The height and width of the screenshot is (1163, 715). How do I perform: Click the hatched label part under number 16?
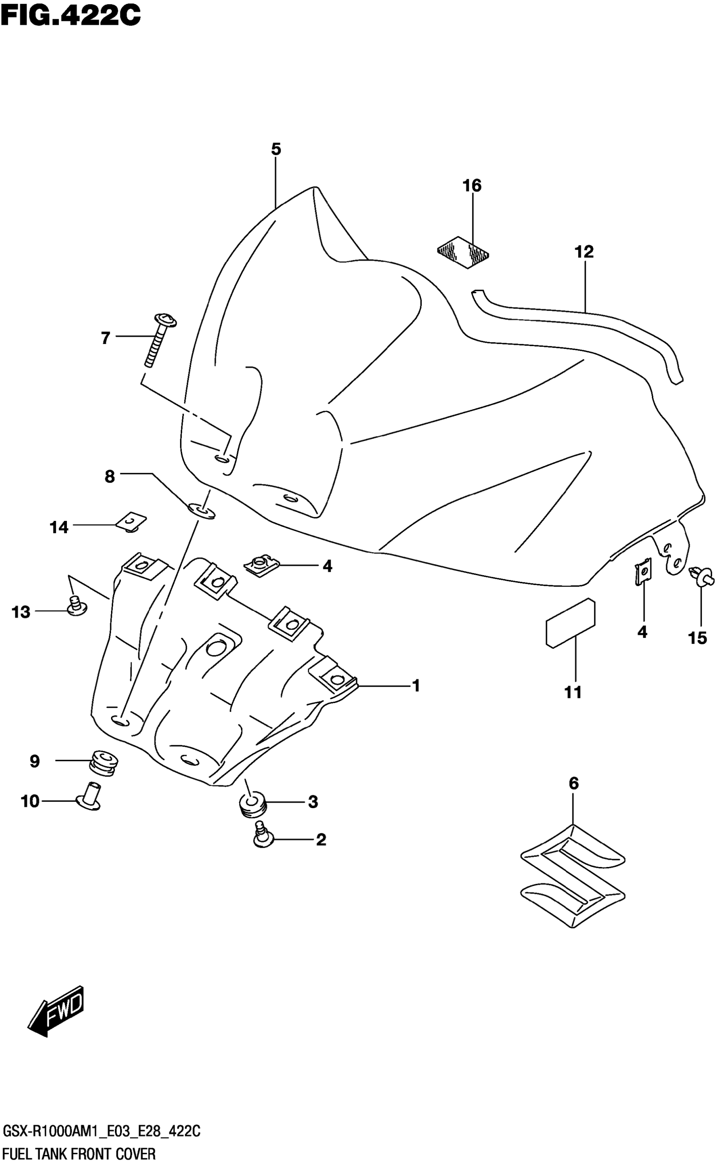[x=463, y=252]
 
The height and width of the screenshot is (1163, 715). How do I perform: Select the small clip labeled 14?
[x=131, y=522]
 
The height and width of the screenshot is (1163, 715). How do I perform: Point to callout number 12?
[x=584, y=251]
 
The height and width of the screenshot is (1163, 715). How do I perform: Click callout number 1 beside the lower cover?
[x=416, y=685]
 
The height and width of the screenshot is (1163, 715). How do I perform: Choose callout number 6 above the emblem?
[x=573, y=784]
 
